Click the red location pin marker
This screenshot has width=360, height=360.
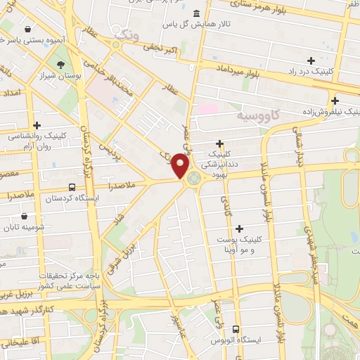[181, 166]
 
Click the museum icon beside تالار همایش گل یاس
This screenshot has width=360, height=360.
[195, 14]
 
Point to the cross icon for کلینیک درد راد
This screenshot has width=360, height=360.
[311, 60]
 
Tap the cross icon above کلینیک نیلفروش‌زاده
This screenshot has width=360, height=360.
[335, 101]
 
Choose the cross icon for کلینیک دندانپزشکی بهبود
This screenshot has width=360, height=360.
[220, 143]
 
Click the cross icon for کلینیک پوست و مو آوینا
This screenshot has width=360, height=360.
[240, 229]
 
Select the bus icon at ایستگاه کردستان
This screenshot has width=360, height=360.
[72, 188]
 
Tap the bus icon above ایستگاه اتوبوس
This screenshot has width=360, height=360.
[236, 328]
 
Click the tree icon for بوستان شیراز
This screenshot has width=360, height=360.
[62, 64]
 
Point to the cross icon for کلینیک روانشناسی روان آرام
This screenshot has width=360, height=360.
[36, 125]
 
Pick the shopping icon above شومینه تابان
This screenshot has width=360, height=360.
[26, 217]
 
